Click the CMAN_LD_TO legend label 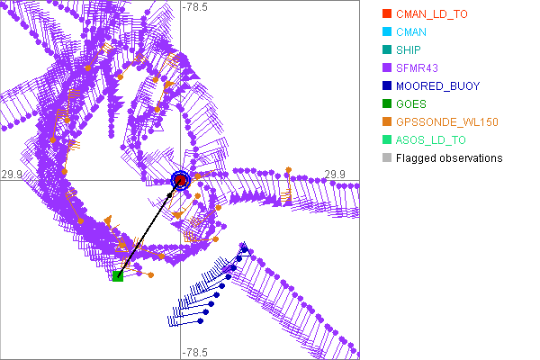point(432,14)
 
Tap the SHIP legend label point(409,50)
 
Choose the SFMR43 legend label point(417,68)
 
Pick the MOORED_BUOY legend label point(437,86)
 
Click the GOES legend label point(411,104)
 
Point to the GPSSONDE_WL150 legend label point(447,122)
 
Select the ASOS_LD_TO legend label point(431,140)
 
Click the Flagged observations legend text point(449,158)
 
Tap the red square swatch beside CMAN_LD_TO point(386,14)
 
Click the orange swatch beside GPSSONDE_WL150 point(386,122)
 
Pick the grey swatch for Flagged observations point(386,158)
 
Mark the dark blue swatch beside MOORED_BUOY point(386,86)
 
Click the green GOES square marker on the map point(118,276)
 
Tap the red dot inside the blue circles point(181,181)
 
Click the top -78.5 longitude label point(195,7)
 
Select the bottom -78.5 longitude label point(195,352)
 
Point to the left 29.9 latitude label point(12,174)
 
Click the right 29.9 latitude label point(335,174)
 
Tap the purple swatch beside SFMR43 point(386,68)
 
